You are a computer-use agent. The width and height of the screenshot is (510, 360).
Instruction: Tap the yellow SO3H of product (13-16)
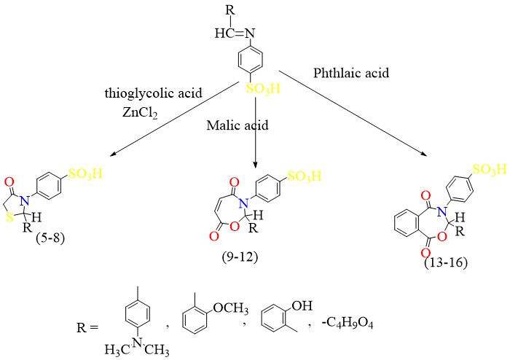click(488, 169)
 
